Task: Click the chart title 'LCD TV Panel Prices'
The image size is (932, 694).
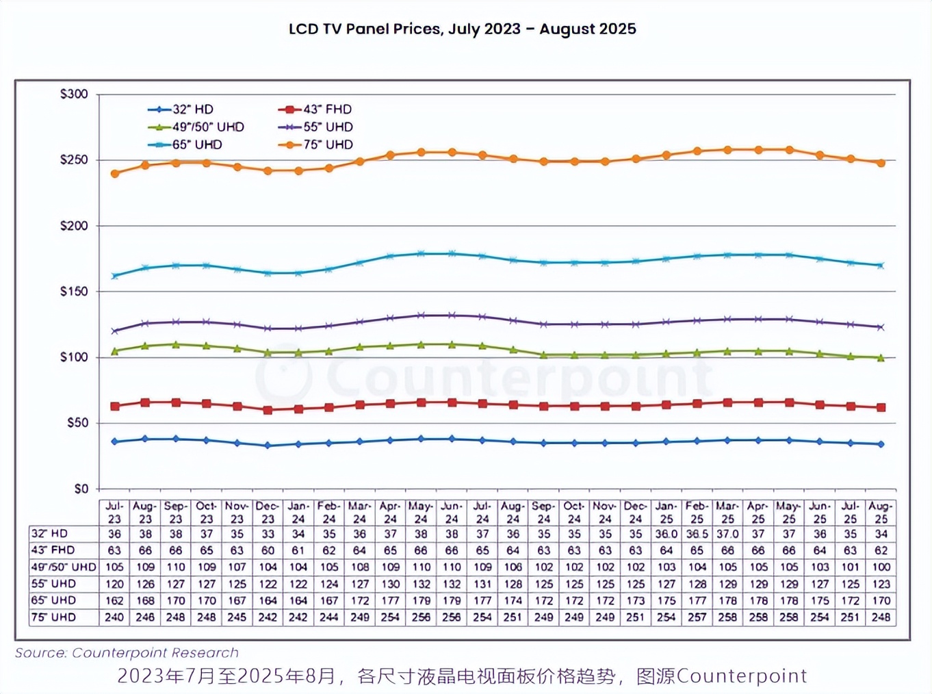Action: [x=462, y=29]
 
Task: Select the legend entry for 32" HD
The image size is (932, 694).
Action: [x=181, y=110]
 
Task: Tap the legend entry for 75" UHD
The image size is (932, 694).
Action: [x=316, y=144]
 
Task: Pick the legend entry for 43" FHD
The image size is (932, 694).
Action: [x=315, y=110]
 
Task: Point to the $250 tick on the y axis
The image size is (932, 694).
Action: [x=74, y=159]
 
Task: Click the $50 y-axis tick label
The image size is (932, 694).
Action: [x=77, y=423]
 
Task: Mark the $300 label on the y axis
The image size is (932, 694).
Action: [x=74, y=94]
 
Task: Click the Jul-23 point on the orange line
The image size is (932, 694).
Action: [x=115, y=174]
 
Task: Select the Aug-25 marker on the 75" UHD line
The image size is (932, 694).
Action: [x=881, y=163]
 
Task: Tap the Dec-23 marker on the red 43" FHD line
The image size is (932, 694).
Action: [x=268, y=410]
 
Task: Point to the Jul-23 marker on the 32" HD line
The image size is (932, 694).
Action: [x=115, y=441]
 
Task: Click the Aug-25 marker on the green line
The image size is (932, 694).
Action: [x=881, y=358]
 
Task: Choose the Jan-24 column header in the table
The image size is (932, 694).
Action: [x=298, y=513]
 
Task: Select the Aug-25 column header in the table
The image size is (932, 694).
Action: [x=881, y=513]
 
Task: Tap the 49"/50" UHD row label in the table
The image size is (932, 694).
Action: [x=63, y=567]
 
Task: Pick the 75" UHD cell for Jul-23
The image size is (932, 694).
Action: [x=114, y=617]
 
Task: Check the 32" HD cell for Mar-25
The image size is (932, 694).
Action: [x=727, y=534]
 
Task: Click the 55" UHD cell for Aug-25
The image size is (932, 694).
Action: [x=881, y=584]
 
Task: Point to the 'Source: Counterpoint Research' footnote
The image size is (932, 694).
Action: [x=127, y=653]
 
